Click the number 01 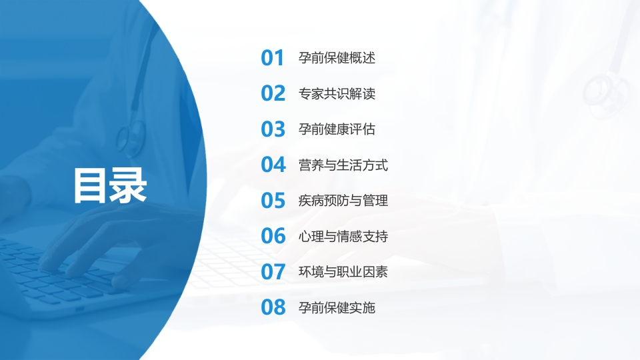(x=273, y=58)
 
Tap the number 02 (x=273, y=93)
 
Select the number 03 (x=273, y=129)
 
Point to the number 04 (x=273, y=165)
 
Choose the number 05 (x=273, y=200)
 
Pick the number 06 (x=273, y=236)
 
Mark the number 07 (x=273, y=272)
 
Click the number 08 (x=273, y=307)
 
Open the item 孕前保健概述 (x=337, y=58)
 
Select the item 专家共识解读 (x=337, y=93)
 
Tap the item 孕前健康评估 (x=337, y=129)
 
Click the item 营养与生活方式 (x=343, y=165)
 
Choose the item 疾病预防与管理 (x=343, y=200)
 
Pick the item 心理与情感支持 (x=343, y=236)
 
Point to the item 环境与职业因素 (x=343, y=272)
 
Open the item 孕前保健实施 (x=337, y=307)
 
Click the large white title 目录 (x=109, y=185)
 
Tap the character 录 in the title (x=128, y=185)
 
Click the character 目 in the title (x=91, y=185)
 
